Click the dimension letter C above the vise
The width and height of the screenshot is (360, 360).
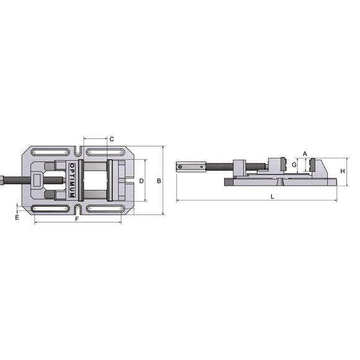[112, 139]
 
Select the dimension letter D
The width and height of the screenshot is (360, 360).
[142, 181]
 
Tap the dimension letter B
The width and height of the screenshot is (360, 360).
[159, 181]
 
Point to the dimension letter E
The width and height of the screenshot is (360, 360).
[17, 218]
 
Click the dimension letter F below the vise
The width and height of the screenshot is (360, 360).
[77, 219]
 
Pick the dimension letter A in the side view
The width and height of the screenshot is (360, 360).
[305, 153]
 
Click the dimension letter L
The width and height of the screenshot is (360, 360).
[272, 196]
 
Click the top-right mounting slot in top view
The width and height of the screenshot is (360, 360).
[104, 152]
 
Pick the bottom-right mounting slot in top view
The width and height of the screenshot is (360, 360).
[104, 209]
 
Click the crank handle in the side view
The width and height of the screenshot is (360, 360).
[189, 166]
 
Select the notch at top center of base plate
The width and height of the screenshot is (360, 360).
[79, 151]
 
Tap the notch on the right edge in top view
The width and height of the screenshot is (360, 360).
[128, 182]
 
